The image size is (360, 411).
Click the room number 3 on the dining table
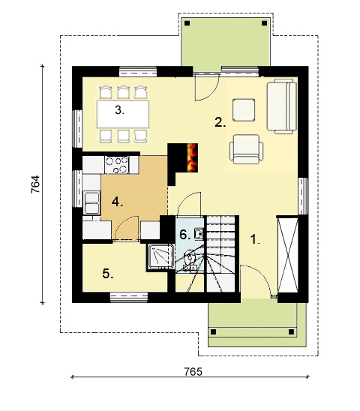tap(119, 110)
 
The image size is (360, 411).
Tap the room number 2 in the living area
tap(220, 122)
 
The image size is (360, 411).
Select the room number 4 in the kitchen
tap(117, 202)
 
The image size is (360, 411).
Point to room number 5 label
tap(108, 274)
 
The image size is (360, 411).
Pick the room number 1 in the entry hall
tap(255, 239)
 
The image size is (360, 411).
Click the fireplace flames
tap(192, 157)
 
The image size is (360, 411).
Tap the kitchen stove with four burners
tap(117, 165)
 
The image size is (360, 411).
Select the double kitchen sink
tap(91, 202)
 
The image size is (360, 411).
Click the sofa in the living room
tap(282, 106)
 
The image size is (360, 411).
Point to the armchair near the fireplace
tap(247, 149)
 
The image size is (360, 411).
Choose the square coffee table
tap(244, 109)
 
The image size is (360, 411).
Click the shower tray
tap(160, 256)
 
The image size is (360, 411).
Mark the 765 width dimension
tap(193, 372)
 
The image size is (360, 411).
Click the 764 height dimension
tap(35, 184)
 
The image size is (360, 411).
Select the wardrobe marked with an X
tap(288, 254)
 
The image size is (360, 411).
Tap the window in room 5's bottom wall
tap(129, 297)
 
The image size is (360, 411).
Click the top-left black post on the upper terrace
tap(187, 23)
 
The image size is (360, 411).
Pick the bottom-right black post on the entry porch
tap(291, 332)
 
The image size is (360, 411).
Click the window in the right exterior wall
tap(303, 196)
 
